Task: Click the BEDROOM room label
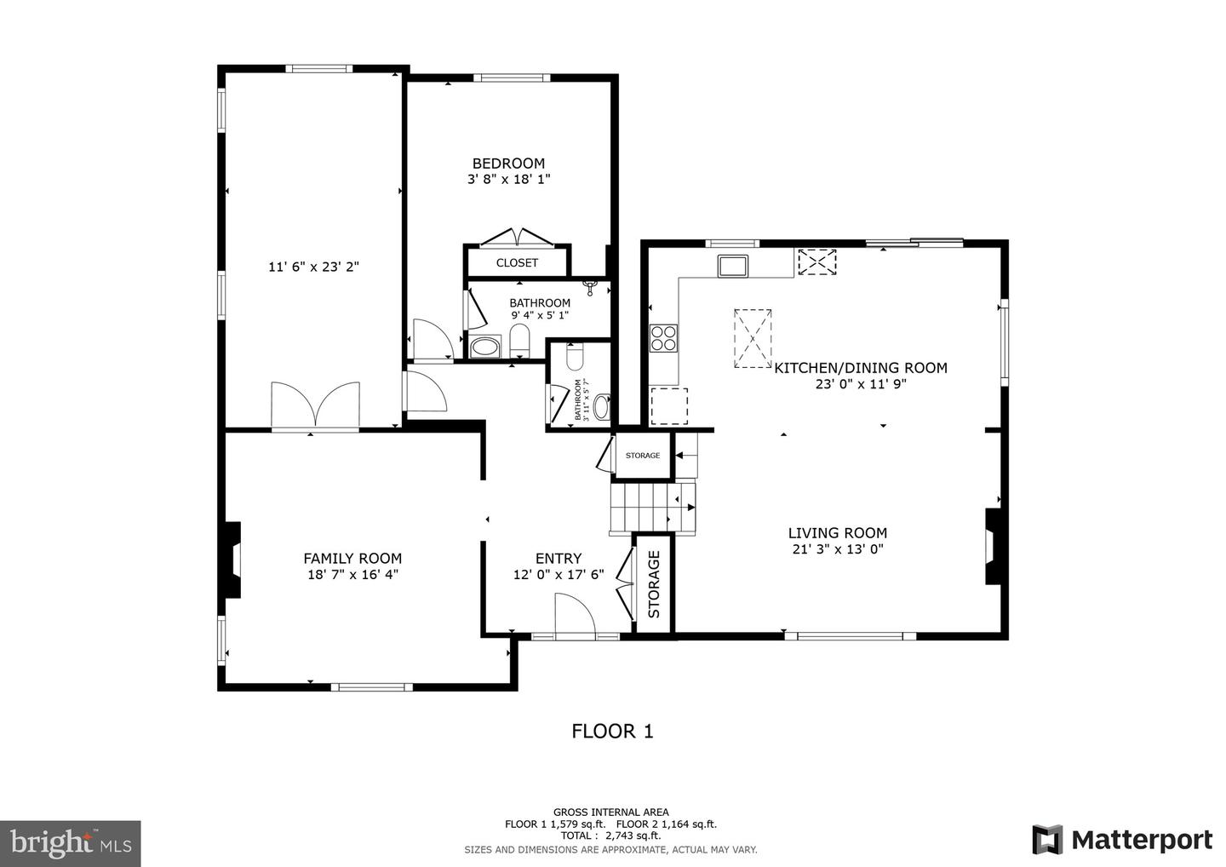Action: coord(508,164)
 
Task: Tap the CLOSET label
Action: coord(517,262)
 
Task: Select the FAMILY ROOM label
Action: coord(352,559)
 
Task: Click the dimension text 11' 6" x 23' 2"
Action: coord(313,267)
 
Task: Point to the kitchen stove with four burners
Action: coord(663,338)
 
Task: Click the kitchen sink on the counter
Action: coord(732,266)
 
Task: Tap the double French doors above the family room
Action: coord(315,405)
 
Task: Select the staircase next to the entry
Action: coord(652,507)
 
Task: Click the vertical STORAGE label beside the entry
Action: coord(654,584)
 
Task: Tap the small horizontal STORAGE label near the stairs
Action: coord(643,456)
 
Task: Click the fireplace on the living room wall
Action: coord(993,546)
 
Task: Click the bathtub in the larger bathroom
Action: coord(486,347)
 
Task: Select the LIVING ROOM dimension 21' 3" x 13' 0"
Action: coord(837,549)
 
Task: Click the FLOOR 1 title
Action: coord(612,731)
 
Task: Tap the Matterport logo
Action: coord(1122,839)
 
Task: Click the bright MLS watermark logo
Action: coord(70,843)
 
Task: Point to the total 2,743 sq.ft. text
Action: coord(610,836)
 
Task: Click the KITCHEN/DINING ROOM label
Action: coord(860,368)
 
